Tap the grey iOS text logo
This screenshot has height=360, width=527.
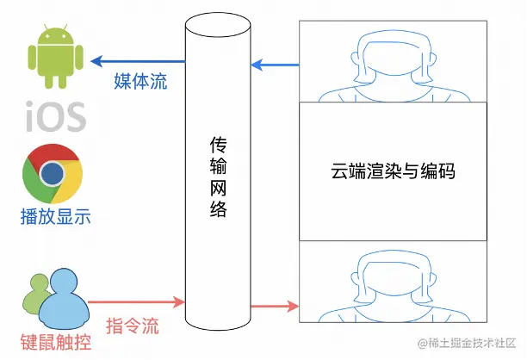(x=55, y=115)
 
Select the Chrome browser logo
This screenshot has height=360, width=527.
(x=54, y=173)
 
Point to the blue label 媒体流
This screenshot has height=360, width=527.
(x=140, y=83)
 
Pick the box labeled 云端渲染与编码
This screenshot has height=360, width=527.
(x=393, y=171)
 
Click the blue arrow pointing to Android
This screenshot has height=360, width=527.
(x=138, y=62)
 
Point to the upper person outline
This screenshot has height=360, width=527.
(x=393, y=62)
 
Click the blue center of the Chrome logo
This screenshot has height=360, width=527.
(x=54, y=173)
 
